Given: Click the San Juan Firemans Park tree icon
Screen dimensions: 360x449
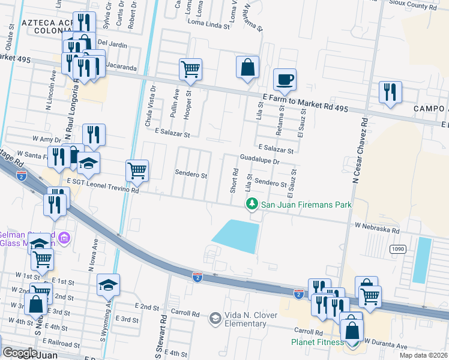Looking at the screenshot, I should pyautogui.click(x=253, y=205).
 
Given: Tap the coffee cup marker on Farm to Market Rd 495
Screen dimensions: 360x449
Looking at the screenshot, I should pyautogui.click(x=285, y=79).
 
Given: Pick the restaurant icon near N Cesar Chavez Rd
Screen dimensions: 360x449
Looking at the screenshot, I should pyautogui.click(x=390, y=92).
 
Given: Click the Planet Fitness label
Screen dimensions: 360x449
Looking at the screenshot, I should pyautogui.click(x=318, y=342).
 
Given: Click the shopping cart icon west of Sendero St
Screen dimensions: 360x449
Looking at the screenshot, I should pyautogui.click(x=137, y=170).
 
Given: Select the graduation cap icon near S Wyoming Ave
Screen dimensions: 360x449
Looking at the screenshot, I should pyautogui.click(x=109, y=284).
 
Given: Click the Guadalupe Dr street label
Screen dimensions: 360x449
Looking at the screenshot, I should pyautogui.click(x=260, y=161).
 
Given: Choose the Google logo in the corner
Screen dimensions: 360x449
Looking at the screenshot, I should pyautogui.click(x=20, y=353).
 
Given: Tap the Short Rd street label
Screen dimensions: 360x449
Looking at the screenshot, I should pyautogui.click(x=235, y=179).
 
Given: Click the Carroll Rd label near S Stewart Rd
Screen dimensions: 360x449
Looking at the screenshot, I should pyautogui.click(x=185, y=313).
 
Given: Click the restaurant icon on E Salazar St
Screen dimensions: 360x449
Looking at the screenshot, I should pyautogui.click(x=94, y=134).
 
